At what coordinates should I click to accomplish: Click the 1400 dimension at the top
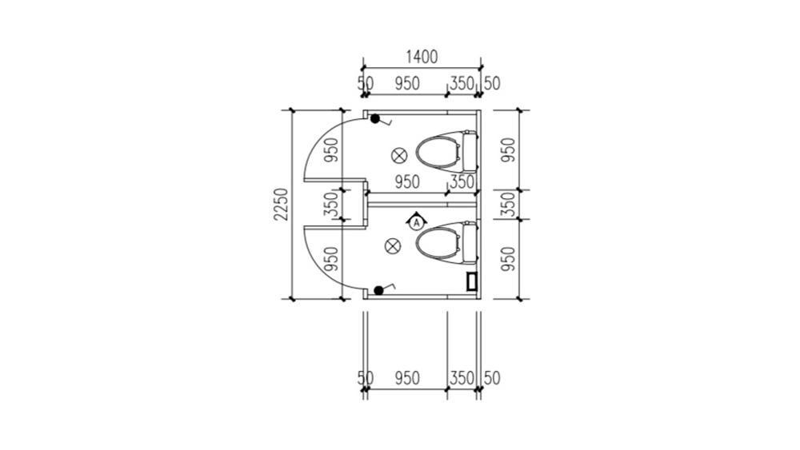click(422, 57)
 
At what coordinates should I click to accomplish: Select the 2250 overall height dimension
click(281, 205)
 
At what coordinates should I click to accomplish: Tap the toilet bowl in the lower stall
click(438, 244)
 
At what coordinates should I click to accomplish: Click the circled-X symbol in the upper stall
click(399, 155)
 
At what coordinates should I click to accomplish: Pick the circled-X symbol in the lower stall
click(392, 246)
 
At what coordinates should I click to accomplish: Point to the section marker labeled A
click(417, 221)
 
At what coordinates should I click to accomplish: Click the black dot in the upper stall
click(375, 119)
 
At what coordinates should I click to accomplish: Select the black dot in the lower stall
click(378, 290)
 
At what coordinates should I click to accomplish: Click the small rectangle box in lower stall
click(472, 282)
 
